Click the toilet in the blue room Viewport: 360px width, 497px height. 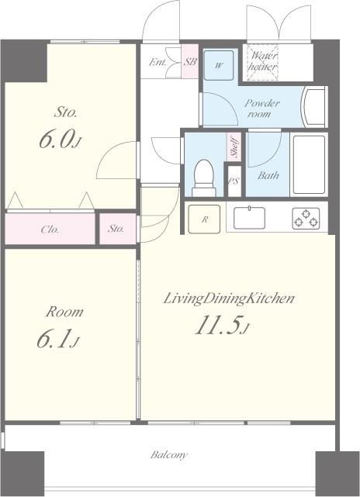(x=203, y=178)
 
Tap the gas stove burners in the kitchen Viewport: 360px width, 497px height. (x=306, y=219)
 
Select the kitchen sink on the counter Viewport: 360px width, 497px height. (x=249, y=218)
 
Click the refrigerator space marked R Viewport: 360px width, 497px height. (x=204, y=219)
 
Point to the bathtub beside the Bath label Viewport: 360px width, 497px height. (x=310, y=164)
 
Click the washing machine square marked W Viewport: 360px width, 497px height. (x=219, y=65)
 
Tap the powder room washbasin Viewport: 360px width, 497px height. (x=314, y=106)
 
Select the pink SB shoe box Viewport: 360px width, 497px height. (x=189, y=61)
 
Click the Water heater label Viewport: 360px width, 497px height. (x=263, y=61)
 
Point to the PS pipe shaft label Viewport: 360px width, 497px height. (x=234, y=181)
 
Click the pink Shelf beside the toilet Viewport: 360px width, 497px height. (x=234, y=147)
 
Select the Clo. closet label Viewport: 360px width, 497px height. (x=50, y=230)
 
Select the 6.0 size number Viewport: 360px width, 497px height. (x=61, y=139)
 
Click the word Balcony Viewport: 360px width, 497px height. (x=169, y=455)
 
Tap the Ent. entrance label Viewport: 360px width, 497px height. (x=157, y=63)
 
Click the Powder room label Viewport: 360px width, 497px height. (x=262, y=108)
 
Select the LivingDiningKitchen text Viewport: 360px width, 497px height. (x=229, y=299)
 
